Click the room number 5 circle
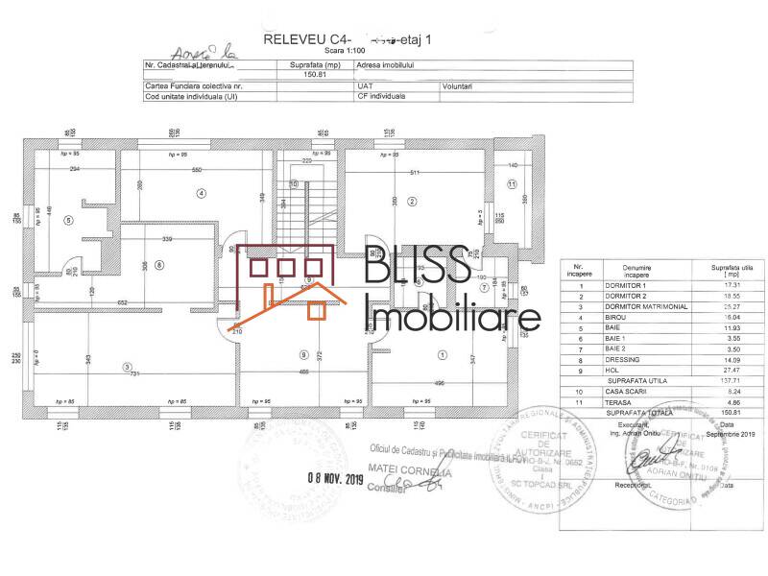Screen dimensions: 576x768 68,219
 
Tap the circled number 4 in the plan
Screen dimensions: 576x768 202,193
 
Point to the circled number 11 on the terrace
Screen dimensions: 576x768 512,183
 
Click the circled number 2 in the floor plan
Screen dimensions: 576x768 412,201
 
